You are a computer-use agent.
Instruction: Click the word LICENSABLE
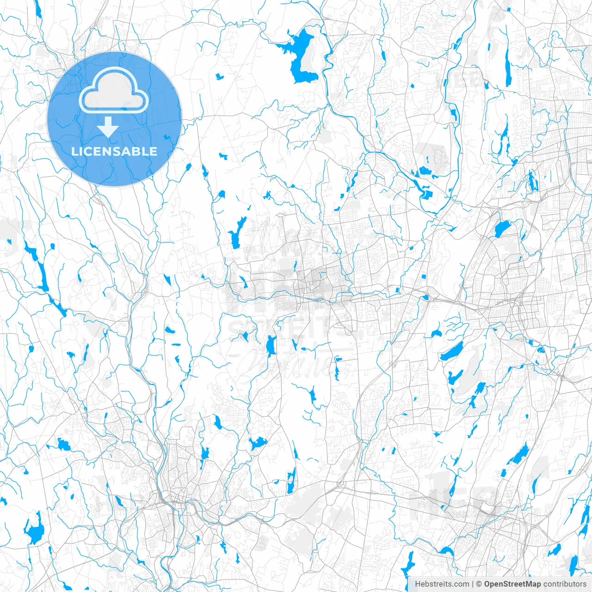pyautogui.click(x=114, y=151)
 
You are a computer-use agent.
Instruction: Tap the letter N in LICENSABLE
pyautogui.click(x=110, y=151)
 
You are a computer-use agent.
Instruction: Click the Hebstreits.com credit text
pyautogui.click(x=442, y=584)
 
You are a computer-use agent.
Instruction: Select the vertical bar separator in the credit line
pyautogui.click(x=473, y=584)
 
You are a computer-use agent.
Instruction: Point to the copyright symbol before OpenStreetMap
pyautogui.click(x=479, y=584)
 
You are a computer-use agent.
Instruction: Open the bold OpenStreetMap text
pyautogui.click(x=512, y=584)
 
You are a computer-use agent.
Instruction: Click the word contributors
pyautogui.click(x=565, y=584)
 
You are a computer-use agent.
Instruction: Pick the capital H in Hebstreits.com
pyautogui.click(x=418, y=584)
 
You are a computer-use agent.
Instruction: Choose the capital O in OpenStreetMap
pyautogui.click(x=487, y=584)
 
